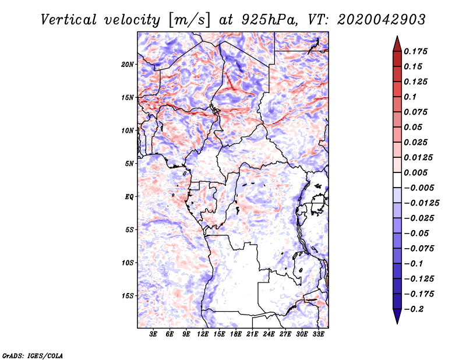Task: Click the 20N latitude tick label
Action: [128, 65]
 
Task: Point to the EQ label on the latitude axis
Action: [129, 197]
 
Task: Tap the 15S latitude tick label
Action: [128, 296]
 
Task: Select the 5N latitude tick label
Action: [129, 164]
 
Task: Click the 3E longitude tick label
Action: [153, 334]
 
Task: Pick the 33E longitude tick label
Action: [318, 334]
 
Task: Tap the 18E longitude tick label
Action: [236, 334]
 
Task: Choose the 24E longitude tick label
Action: [269, 334]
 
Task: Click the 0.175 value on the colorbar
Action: [415, 51]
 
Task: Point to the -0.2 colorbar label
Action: [414, 309]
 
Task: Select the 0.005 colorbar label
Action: [415, 172]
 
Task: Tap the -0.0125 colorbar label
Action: [421, 203]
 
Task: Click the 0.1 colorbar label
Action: [410, 97]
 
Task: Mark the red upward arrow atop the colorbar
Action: [397, 44]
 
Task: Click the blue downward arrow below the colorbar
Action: [397, 316]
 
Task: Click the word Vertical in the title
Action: [69, 20]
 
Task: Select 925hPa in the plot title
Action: [269, 20]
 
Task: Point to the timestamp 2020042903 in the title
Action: [382, 20]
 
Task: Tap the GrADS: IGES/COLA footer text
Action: [33, 355]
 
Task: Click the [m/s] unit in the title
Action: [189, 20]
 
